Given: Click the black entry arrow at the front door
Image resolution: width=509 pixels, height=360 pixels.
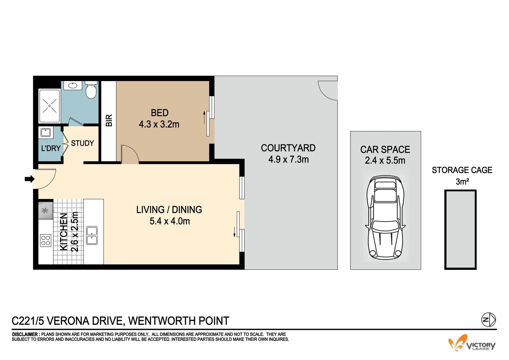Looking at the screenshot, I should (30, 179).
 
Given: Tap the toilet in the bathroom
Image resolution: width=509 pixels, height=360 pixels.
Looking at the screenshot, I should (91, 90).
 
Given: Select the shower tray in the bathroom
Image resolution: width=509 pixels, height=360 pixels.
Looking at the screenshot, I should (49, 106).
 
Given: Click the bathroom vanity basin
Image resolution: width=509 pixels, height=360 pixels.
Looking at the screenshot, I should (73, 86).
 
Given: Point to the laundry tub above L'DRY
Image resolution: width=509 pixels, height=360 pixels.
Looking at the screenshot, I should (45, 133).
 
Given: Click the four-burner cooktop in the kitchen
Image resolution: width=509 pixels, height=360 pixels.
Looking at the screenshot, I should (46, 240).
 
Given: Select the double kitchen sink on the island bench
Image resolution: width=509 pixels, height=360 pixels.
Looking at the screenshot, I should (92, 235).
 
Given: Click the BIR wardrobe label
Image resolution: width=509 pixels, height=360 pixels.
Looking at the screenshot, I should (109, 120).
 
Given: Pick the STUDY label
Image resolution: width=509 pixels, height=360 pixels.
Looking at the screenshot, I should (82, 143).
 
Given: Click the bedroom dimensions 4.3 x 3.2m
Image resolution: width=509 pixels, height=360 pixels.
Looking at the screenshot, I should (159, 124).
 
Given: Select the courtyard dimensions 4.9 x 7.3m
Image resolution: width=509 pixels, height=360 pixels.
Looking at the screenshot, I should (288, 159).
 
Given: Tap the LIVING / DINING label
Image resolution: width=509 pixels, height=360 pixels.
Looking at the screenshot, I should (169, 210).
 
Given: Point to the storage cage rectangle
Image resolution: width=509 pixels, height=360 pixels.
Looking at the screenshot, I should (460, 230).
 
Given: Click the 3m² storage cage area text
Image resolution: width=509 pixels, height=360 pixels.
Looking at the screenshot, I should (462, 182).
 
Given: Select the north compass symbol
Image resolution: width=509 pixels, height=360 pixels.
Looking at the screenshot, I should (488, 320).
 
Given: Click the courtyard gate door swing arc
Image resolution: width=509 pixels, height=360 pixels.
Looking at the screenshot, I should (327, 90).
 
